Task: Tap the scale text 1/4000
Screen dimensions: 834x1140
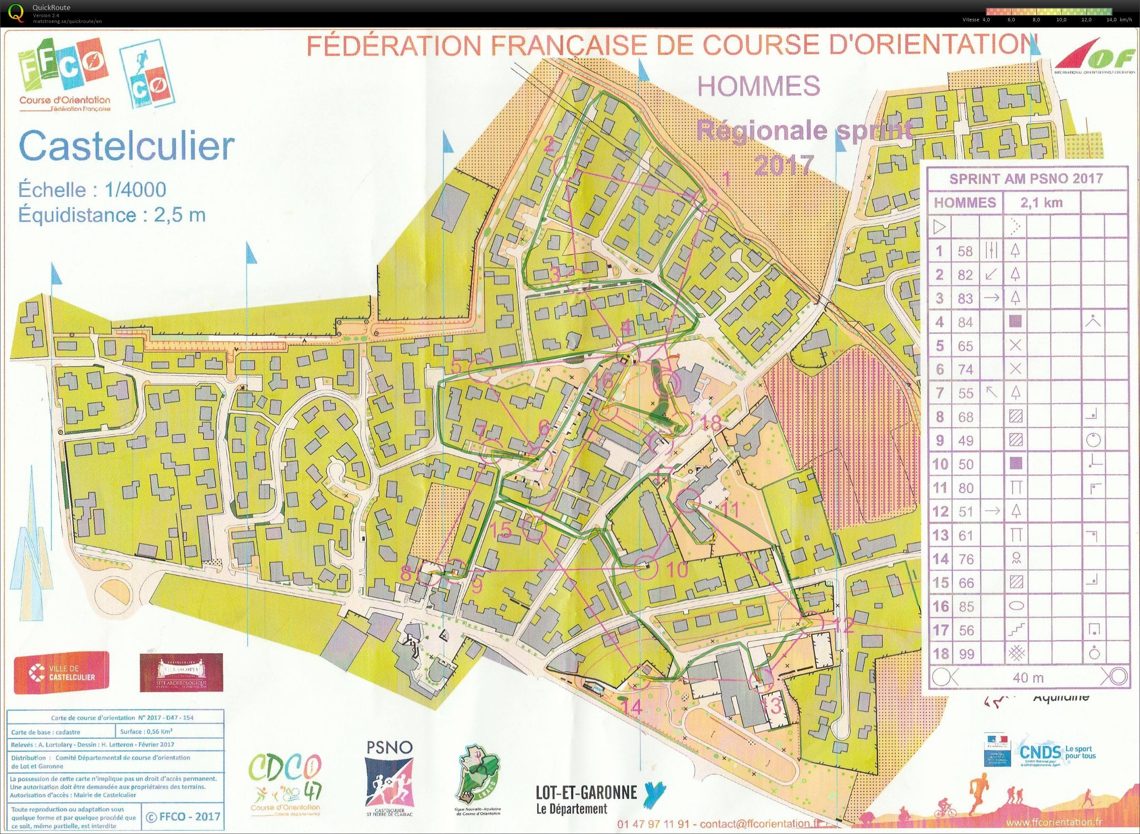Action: pyautogui.click(x=135, y=190)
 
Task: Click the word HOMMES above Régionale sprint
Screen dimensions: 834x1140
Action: pyautogui.click(x=758, y=86)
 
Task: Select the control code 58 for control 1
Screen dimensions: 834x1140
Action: pyautogui.click(x=965, y=251)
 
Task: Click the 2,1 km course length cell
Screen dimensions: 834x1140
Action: pyautogui.click(x=1041, y=203)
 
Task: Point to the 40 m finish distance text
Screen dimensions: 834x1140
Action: pyautogui.click(x=1028, y=677)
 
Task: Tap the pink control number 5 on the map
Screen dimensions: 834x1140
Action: pyautogui.click(x=456, y=365)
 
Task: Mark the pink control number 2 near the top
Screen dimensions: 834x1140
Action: pyautogui.click(x=549, y=145)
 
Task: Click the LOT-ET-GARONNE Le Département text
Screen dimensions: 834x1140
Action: pyautogui.click(x=586, y=800)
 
